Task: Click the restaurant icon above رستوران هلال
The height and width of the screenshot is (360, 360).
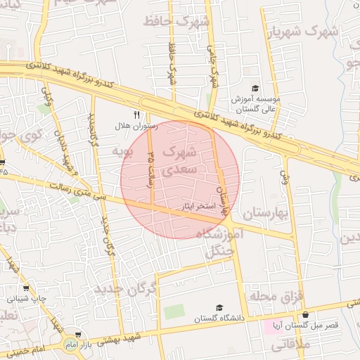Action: click(x=137, y=115)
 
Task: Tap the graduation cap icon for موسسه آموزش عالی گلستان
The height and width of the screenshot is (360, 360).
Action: click(x=255, y=88)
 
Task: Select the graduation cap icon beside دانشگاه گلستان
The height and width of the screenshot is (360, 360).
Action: click(x=219, y=308)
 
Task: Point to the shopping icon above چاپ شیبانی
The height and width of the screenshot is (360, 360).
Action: click(x=27, y=287)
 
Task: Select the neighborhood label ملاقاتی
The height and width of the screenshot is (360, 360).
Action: click(x=290, y=345)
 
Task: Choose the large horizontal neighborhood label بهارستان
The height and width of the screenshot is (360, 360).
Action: click(x=267, y=212)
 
